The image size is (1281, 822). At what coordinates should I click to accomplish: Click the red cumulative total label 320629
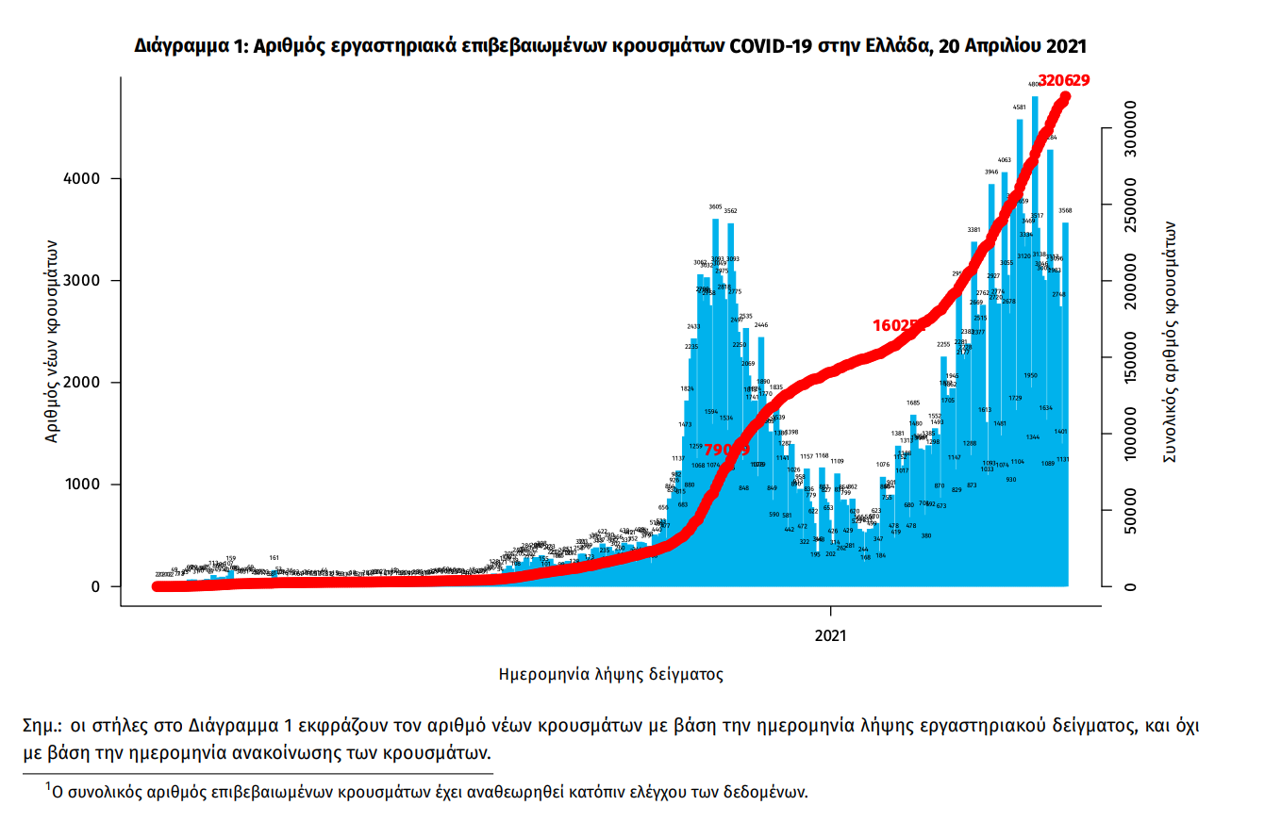tap(1063, 81)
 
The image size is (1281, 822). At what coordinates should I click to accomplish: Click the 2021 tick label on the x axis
tap(831, 635)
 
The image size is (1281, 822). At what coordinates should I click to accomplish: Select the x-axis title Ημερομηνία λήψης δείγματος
tap(610, 674)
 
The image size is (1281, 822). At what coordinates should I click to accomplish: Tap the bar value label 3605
tap(715, 206)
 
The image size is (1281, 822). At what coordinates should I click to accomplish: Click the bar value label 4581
tap(1020, 108)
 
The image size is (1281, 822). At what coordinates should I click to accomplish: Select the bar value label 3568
tap(1064, 210)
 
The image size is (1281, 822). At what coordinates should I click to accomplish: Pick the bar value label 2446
tap(761, 324)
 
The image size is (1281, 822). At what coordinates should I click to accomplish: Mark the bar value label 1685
tap(913, 403)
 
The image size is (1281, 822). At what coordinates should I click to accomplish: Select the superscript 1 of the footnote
tap(48, 785)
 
